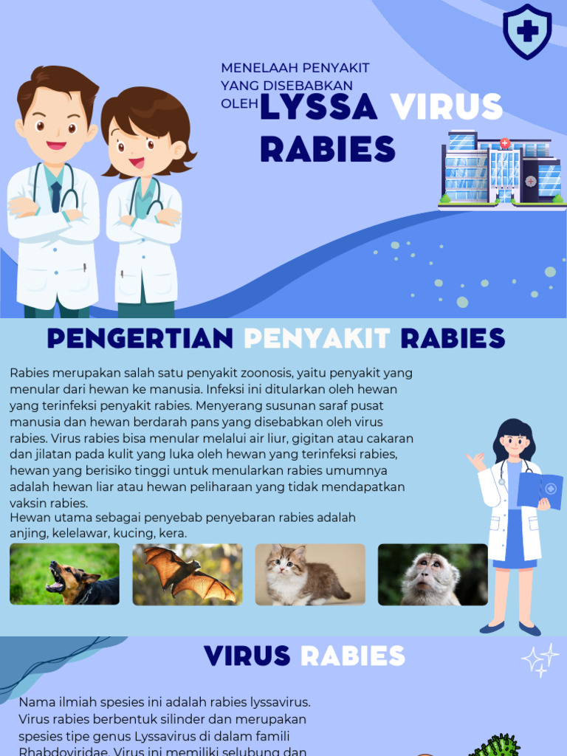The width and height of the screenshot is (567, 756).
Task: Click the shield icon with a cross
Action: click(527, 31)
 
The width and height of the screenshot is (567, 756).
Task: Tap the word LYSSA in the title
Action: click(318, 108)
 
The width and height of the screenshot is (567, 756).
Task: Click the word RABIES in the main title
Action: click(327, 149)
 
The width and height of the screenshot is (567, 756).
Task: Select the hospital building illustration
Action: click(502, 169)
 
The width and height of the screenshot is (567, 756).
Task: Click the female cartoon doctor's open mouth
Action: click(137, 162)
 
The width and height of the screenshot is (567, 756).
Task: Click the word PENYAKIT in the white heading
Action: click(317, 338)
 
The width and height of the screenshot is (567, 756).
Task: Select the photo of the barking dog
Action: click(64, 574)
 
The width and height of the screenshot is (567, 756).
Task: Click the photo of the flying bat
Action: click(188, 574)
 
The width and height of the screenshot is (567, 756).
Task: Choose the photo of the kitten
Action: click(310, 574)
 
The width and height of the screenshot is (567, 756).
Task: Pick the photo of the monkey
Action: click(433, 574)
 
